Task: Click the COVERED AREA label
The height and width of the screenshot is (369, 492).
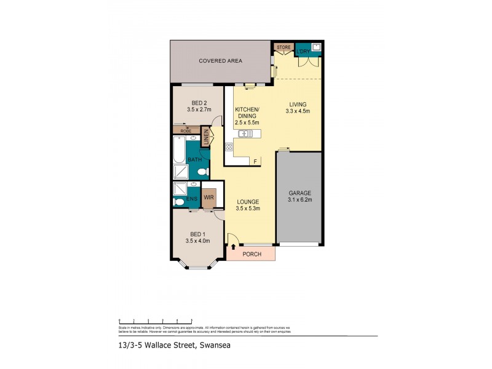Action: [x=220, y=61]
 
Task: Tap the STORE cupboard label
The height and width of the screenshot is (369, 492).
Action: [x=284, y=47]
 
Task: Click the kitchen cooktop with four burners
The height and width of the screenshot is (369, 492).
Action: [x=229, y=147]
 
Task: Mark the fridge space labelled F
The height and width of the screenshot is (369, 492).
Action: [x=255, y=161]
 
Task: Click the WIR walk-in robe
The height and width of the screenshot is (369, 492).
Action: [x=208, y=197]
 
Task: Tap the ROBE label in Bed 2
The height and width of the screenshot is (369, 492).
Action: [x=186, y=131]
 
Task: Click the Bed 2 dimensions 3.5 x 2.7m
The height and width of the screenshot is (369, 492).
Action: [x=199, y=109]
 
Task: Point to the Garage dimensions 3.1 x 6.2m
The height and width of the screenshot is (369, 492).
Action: [x=300, y=200]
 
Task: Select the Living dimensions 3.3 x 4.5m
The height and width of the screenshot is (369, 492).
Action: [x=298, y=111]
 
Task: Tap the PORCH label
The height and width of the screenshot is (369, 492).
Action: [x=252, y=254]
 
